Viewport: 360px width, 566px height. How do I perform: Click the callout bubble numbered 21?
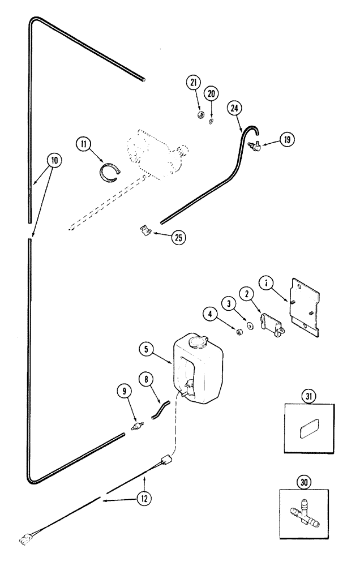pyautogui.click(x=193, y=83)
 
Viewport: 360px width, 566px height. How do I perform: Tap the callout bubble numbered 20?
pyautogui.click(x=211, y=93)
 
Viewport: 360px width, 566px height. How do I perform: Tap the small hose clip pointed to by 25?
pyautogui.click(x=145, y=231)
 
